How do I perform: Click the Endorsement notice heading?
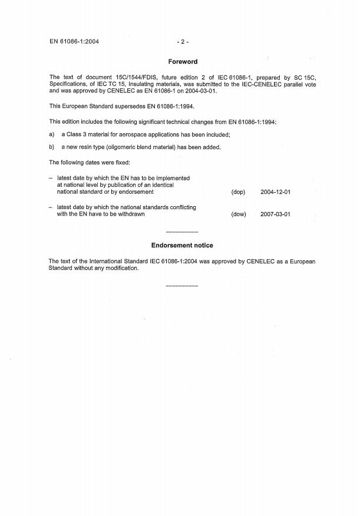pos(182,245)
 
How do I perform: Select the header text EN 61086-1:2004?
pos(74,42)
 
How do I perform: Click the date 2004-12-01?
pos(275,192)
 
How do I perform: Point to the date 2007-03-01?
pos(275,214)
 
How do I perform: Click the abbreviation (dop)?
pos(238,192)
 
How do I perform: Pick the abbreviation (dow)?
pos(238,214)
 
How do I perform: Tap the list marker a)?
pos(52,134)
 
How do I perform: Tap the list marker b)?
pos(52,147)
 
